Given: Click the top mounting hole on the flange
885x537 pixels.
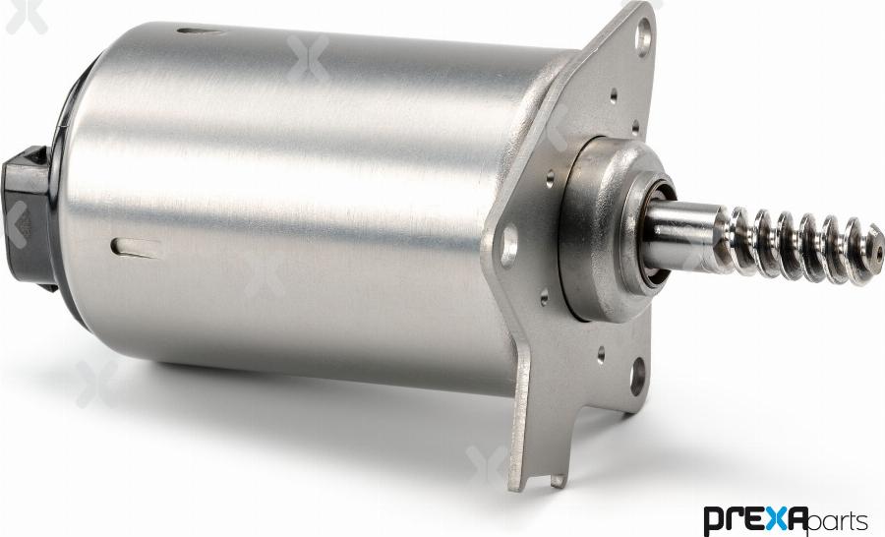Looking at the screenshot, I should click(643, 38).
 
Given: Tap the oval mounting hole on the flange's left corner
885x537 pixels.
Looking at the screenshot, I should click(509, 245).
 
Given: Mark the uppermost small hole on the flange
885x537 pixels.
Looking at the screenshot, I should click(614, 96).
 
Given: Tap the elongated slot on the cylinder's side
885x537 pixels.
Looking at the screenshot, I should click(136, 247).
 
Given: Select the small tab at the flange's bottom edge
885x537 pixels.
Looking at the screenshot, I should click(558, 480).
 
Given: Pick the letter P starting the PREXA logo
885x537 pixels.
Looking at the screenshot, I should click(715, 519).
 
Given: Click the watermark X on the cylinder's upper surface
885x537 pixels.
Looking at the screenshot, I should click(308, 58).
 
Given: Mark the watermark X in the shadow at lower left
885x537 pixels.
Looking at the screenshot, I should click(96, 383).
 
